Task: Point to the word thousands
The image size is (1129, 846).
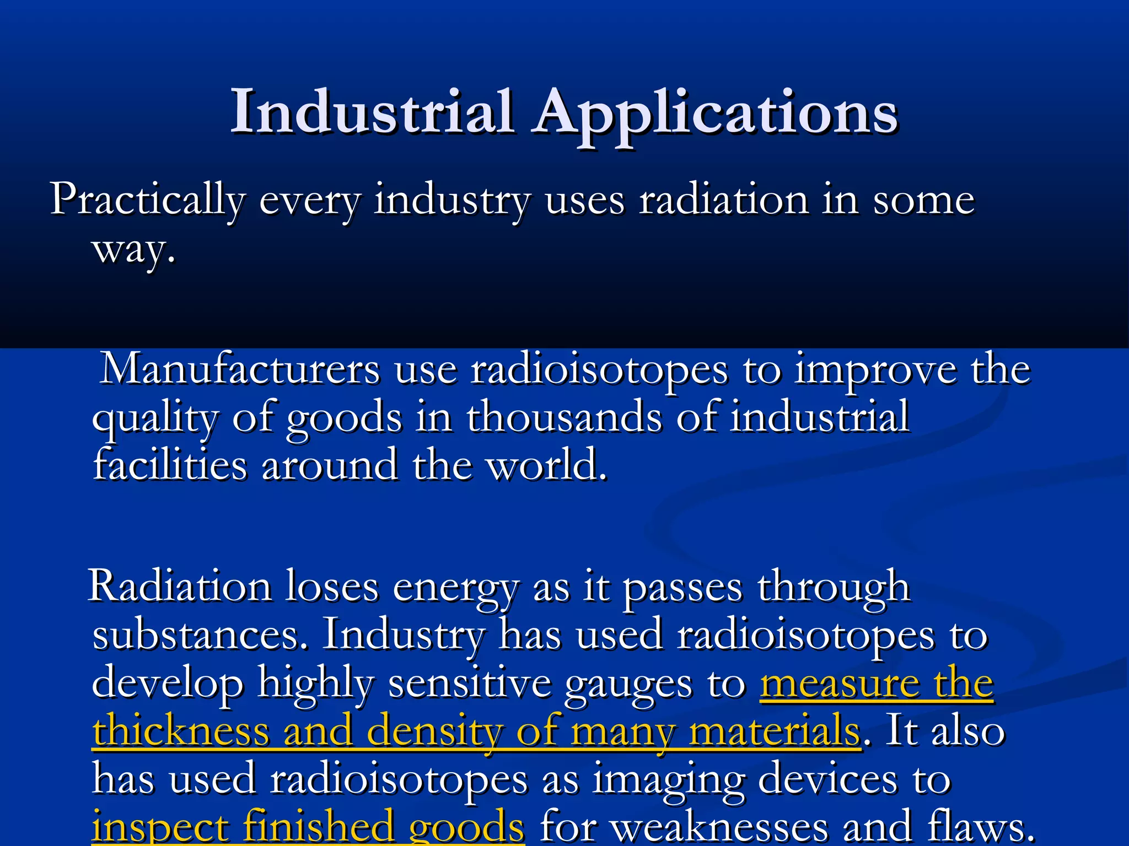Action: [564, 417]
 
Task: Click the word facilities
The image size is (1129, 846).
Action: [170, 465]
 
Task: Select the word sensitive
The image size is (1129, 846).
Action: [470, 683]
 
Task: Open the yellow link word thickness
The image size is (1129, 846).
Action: [181, 731]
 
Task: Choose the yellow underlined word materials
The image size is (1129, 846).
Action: [774, 731]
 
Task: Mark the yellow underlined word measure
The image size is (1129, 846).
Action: [839, 684]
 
